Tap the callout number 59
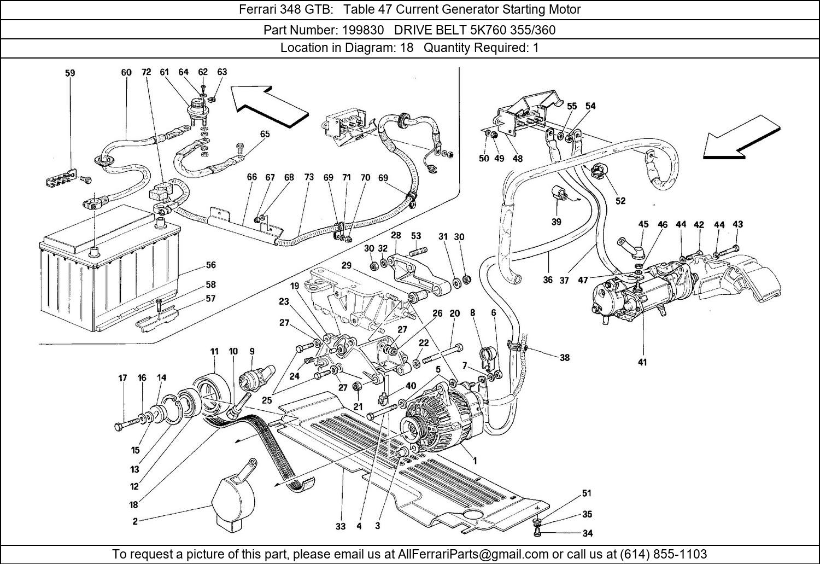70,73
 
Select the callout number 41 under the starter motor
642,362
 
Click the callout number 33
341,526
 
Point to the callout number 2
135,521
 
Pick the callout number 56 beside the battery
210,265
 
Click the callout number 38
564,357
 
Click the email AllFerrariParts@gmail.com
472,554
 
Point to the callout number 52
620,201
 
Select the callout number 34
587,533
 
